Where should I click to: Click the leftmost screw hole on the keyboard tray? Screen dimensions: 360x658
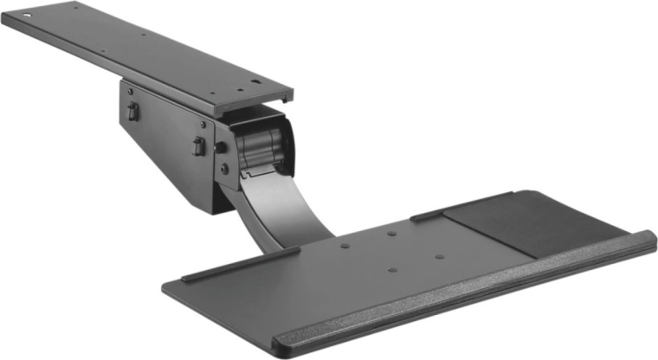point(346,246)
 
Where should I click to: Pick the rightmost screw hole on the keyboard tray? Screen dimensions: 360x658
point(439,257)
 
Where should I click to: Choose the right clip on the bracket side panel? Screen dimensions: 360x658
point(198,146)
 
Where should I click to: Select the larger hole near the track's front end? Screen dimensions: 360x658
point(257,85)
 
